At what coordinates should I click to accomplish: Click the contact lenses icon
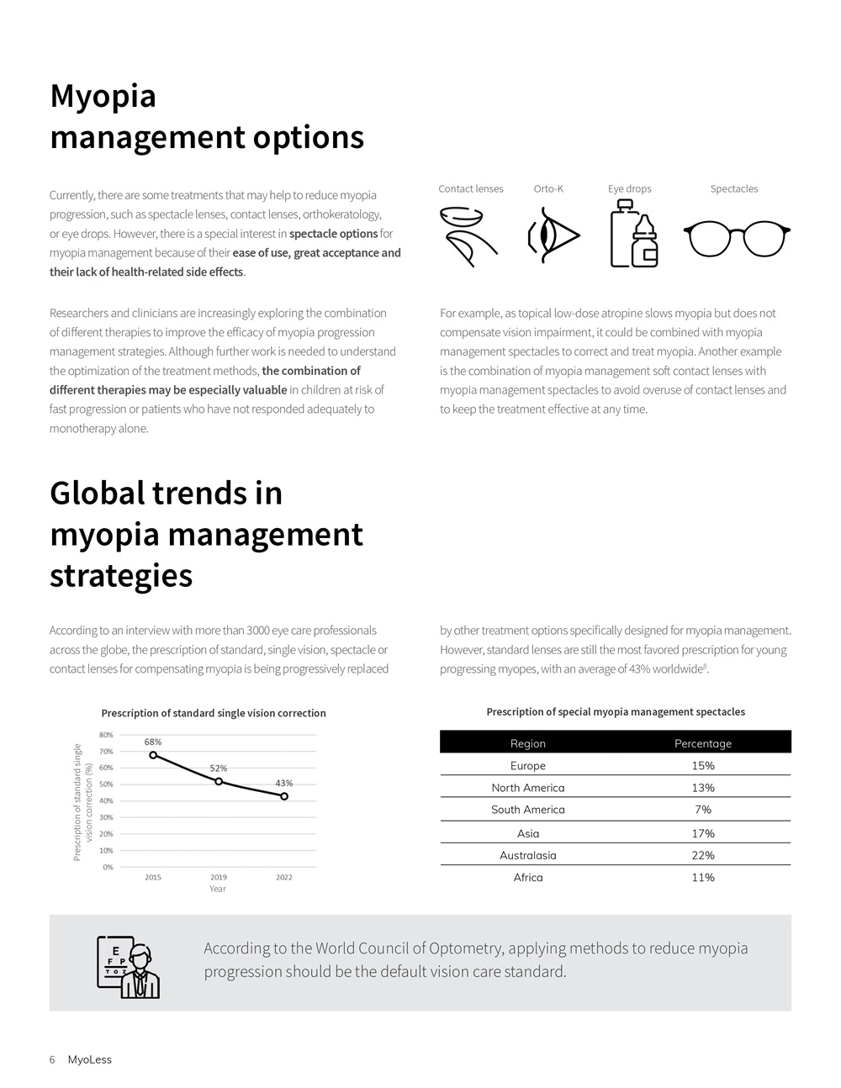468,237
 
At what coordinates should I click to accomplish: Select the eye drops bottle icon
633,235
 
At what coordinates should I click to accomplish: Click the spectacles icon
737,238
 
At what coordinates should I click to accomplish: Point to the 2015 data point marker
153,755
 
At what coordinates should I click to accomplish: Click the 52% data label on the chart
219,768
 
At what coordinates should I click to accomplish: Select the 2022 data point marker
284,796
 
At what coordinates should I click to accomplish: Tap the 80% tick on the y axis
107,736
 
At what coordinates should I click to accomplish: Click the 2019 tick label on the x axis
219,877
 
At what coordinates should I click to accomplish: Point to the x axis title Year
218,889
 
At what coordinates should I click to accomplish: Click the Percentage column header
703,743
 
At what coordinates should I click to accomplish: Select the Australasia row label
528,855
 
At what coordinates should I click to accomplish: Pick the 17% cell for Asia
703,833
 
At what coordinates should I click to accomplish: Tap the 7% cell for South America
703,810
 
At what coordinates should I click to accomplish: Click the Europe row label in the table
528,766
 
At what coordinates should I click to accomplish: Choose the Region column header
528,743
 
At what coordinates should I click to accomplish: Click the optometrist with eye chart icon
129,967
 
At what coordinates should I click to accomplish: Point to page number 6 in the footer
52,1059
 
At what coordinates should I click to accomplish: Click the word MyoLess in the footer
89,1059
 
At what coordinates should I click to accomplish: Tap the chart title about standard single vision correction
214,713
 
